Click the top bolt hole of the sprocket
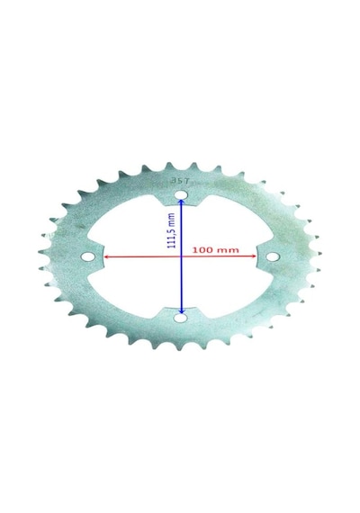point(180,195)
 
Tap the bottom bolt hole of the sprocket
point(180,318)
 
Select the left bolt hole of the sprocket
point(87,256)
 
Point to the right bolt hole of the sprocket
point(271,256)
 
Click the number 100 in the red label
point(202,250)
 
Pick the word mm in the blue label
point(172,218)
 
